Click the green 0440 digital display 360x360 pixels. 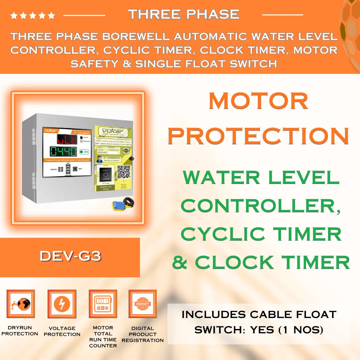pyautogui.click(x=63, y=151)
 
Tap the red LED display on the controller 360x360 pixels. pyautogui.click(x=67, y=139)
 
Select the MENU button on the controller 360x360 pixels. pyautogui.click(x=61, y=169)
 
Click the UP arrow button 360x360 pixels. pyautogui.click(x=68, y=166)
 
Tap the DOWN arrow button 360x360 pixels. pyautogui.click(x=68, y=172)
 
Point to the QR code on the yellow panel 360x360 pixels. pyautogui.click(x=123, y=171)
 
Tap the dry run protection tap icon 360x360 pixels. pyautogui.click(x=21, y=304)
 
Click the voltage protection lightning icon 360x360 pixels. pyautogui.click(x=62, y=304)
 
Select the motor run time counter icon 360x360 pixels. pyautogui.click(x=103, y=304)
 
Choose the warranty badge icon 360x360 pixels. pyautogui.click(x=143, y=304)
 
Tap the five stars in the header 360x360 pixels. pyautogui.click(x=33, y=15)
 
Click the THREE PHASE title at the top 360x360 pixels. pyautogui.click(x=184, y=14)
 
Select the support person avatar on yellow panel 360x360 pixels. pyautogui.click(x=99, y=159)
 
